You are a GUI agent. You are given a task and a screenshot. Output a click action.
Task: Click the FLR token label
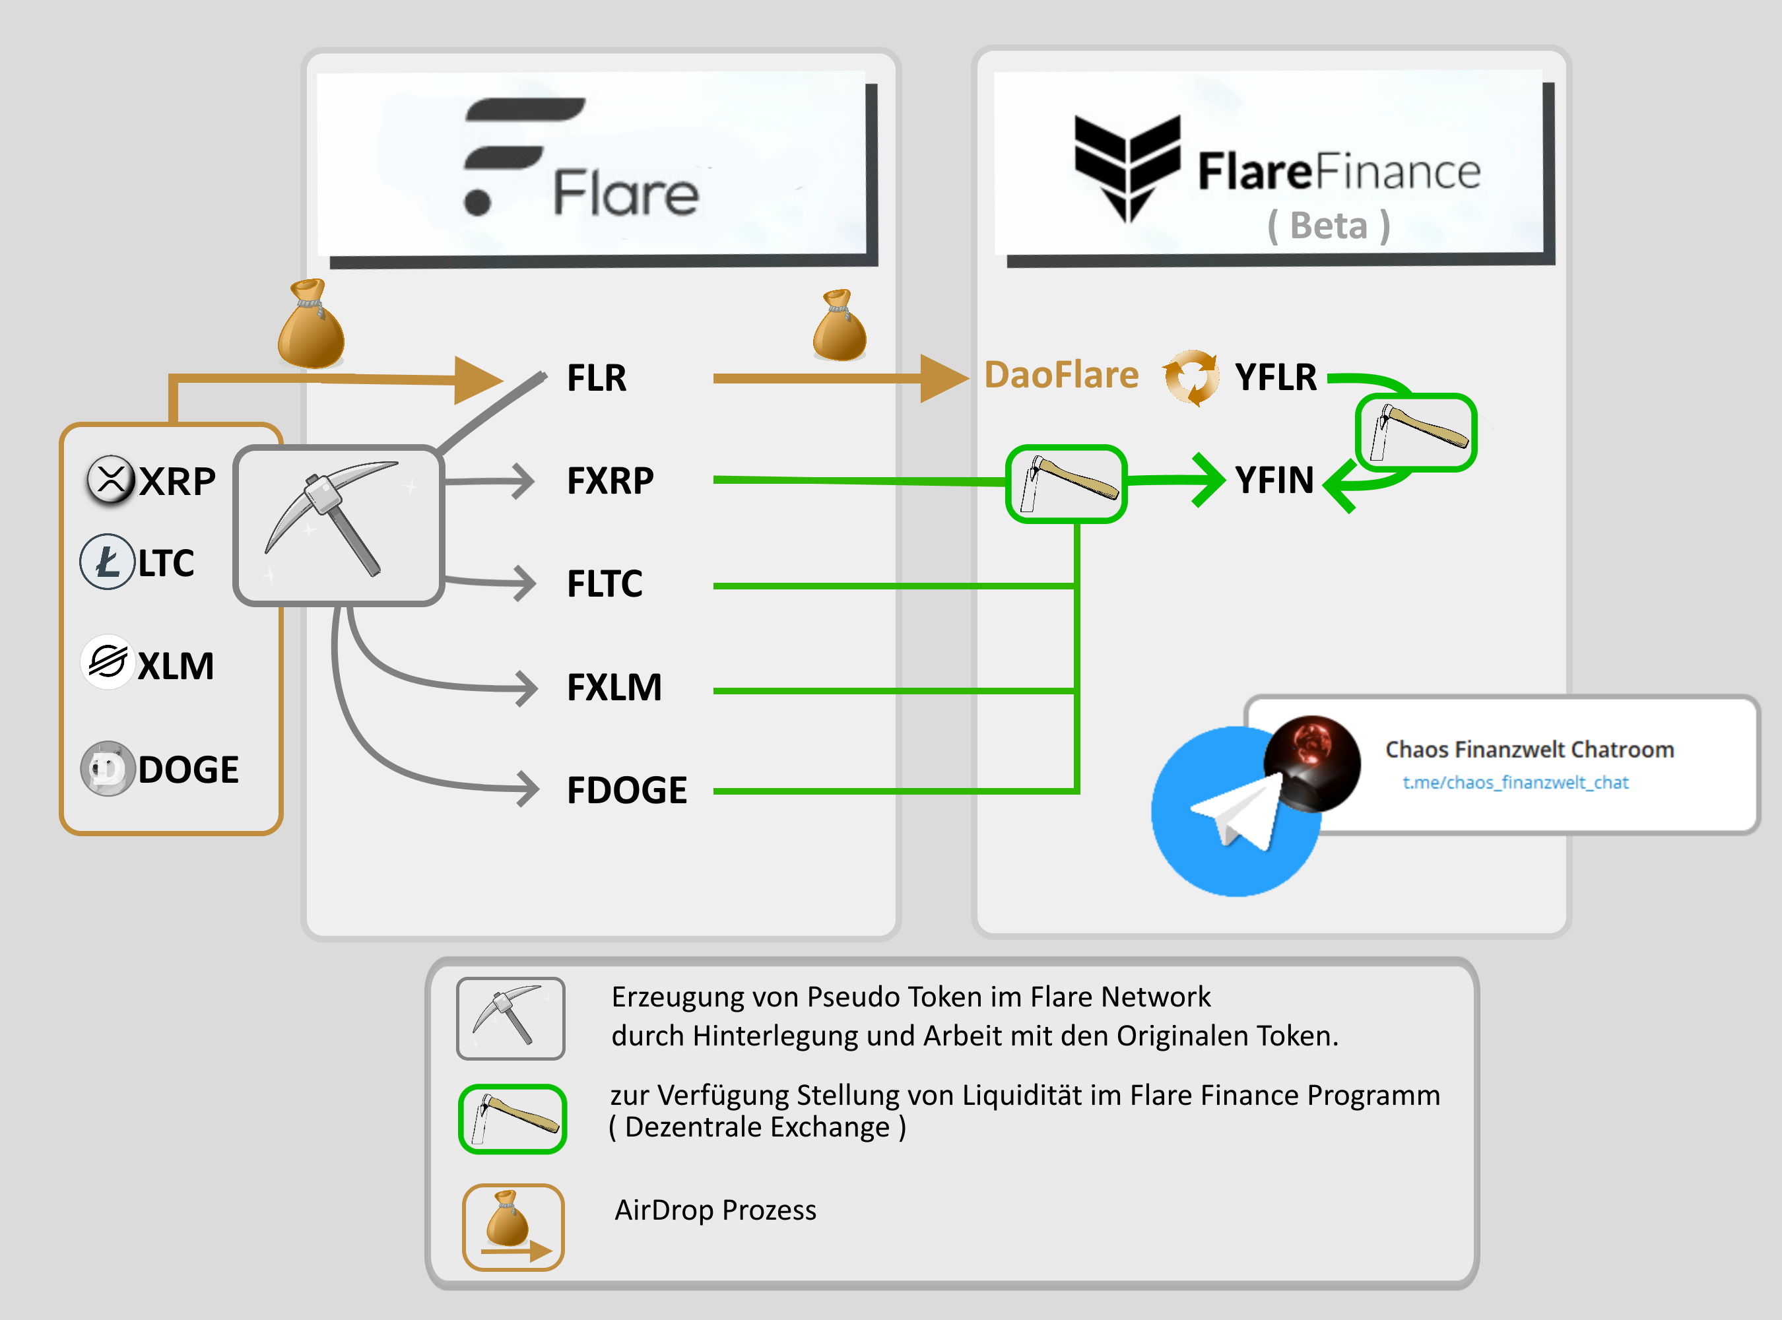(596, 378)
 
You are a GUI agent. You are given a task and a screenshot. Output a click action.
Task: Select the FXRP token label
(610, 481)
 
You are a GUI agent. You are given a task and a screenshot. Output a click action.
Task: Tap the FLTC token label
(604, 584)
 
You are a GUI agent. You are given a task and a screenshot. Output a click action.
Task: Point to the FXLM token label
(614, 687)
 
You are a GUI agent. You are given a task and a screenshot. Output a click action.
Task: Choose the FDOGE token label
(626, 790)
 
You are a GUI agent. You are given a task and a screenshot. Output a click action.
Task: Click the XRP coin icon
(110, 479)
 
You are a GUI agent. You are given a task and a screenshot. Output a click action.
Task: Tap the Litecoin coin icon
(107, 562)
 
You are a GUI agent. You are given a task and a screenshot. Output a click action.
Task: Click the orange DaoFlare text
(1061, 376)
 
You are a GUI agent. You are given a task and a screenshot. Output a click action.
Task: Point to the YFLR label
(1275, 377)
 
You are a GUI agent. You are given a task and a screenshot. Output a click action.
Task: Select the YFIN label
(1274, 480)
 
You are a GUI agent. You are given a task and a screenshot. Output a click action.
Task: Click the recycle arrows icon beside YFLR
(1191, 377)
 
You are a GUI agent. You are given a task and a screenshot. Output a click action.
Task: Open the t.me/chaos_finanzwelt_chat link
(1515, 782)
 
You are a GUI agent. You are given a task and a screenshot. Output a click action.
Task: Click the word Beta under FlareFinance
(1328, 226)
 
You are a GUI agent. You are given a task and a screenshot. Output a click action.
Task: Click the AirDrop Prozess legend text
(715, 1210)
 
